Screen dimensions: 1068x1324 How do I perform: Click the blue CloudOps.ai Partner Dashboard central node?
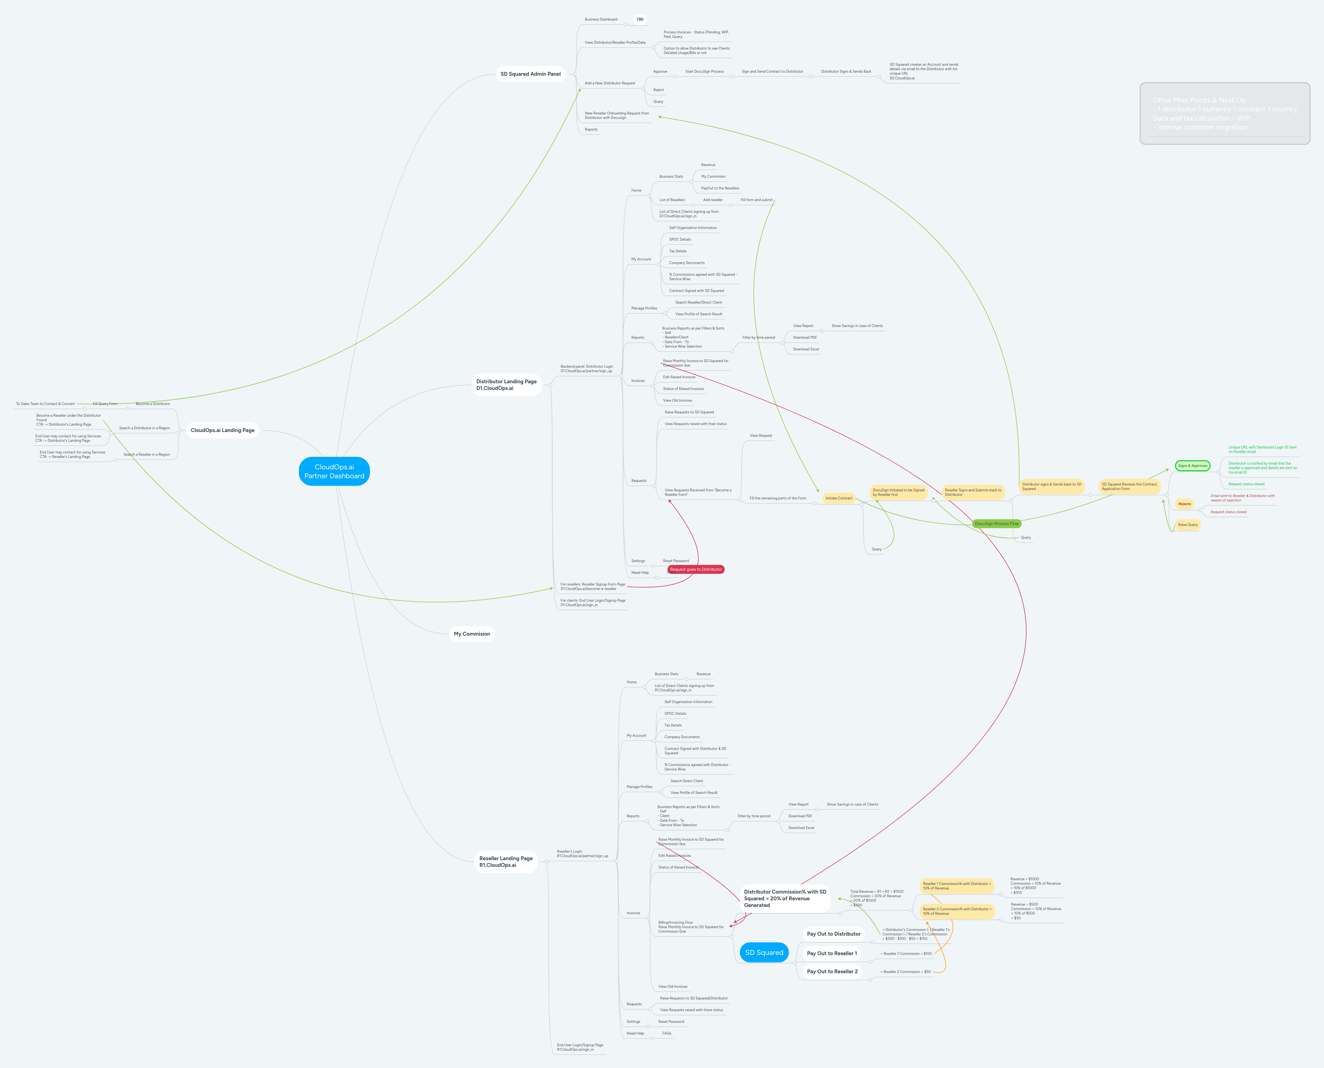pyautogui.click(x=334, y=471)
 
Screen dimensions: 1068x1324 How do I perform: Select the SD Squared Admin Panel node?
pyautogui.click(x=530, y=74)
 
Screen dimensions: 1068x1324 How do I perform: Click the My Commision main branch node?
pyautogui.click(x=472, y=634)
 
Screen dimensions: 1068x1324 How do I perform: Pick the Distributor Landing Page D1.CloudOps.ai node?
pyautogui.click(x=506, y=384)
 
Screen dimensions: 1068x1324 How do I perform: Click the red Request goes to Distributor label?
pyautogui.click(x=696, y=569)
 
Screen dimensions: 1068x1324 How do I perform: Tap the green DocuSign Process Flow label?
pyautogui.click(x=997, y=523)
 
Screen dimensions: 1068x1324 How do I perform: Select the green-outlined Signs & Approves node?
pyautogui.click(x=1192, y=466)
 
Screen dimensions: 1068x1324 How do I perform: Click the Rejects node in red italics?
pyautogui.click(x=1184, y=504)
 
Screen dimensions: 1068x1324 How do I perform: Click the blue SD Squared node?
pyautogui.click(x=764, y=952)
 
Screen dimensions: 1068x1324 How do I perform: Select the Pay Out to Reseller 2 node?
pyautogui.click(x=832, y=971)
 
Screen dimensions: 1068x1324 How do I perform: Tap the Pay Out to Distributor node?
pyautogui.click(x=834, y=934)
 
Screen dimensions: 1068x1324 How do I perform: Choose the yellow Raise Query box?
pyautogui.click(x=1188, y=525)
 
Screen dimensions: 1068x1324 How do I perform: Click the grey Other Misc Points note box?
pyautogui.click(x=1224, y=114)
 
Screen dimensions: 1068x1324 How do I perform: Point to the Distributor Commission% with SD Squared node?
pyautogui.click(x=785, y=898)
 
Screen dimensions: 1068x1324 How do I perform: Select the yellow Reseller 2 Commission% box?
pyautogui.click(x=957, y=911)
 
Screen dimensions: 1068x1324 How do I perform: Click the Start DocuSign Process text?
pyautogui.click(x=704, y=71)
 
